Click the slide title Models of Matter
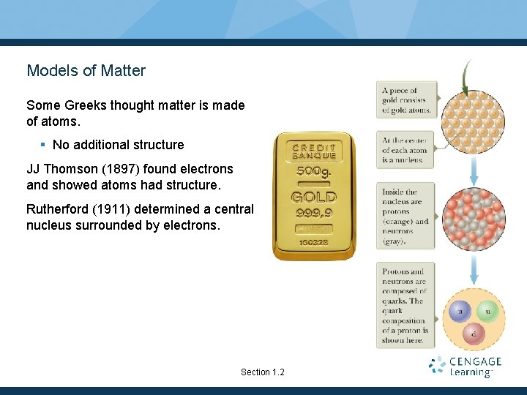86,71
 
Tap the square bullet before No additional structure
45,145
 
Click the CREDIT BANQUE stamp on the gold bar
314,150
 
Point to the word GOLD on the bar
314,197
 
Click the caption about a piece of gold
406,101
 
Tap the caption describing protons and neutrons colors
406,216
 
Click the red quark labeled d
474,335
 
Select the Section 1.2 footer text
262,372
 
